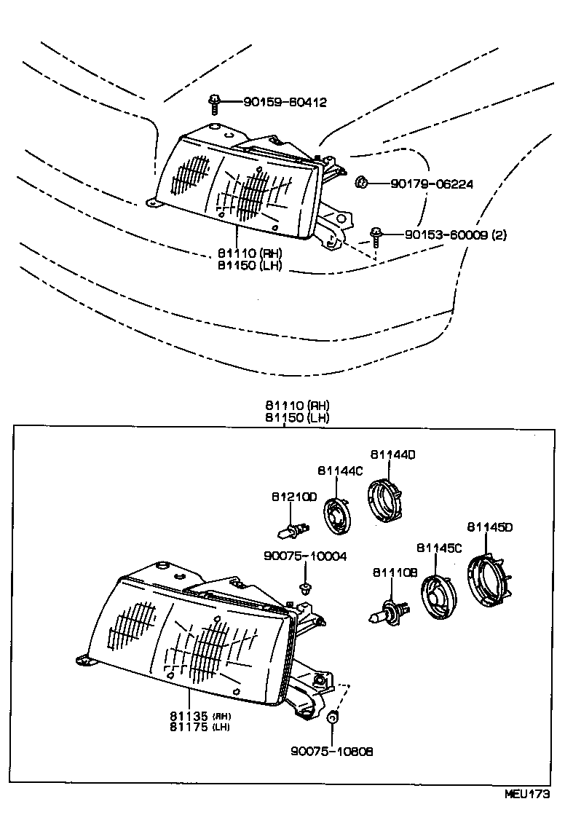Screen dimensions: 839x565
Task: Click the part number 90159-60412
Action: click(274, 103)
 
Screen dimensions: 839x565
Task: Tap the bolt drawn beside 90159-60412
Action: click(214, 104)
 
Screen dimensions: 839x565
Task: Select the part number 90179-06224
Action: click(431, 184)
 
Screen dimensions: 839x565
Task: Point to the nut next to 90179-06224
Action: click(360, 182)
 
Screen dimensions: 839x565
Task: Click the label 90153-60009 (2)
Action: click(456, 235)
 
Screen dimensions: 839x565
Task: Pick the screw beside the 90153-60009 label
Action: click(376, 236)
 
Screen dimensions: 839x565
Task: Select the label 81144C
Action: click(339, 470)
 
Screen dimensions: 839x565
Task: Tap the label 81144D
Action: click(392, 454)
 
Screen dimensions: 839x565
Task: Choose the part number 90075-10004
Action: click(305, 556)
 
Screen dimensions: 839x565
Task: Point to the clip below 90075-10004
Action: click(304, 586)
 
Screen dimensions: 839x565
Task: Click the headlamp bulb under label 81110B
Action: click(387, 616)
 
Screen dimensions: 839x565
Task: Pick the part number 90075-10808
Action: click(331, 751)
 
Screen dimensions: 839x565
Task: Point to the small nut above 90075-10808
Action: click(331, 718)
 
